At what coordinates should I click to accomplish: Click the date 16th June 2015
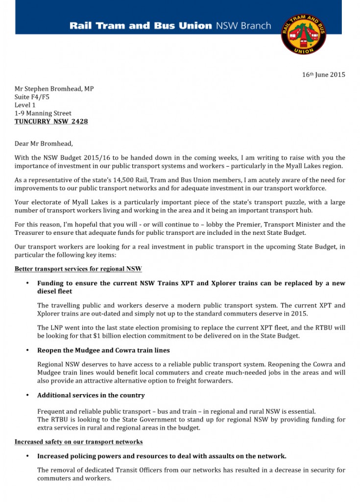[323, 75]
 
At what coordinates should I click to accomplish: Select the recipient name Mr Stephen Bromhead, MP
[54, 89]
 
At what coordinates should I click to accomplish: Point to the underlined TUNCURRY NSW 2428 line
[51, 121]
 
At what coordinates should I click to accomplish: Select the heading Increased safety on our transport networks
[78, 442]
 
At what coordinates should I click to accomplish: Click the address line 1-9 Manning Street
[43, 113]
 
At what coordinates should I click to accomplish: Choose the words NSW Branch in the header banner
[243, 25]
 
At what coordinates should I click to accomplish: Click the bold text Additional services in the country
[91, 395]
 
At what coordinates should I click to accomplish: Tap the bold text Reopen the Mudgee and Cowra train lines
[103, 351]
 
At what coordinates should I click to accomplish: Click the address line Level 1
[25, 105]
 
